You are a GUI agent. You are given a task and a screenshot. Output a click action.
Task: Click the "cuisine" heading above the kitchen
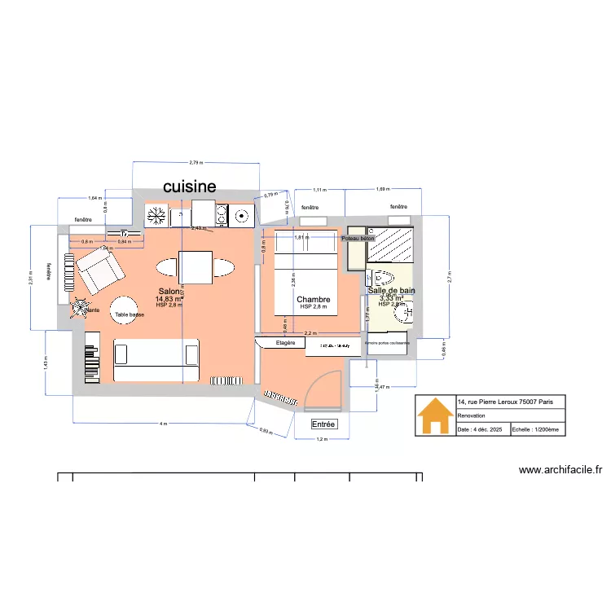click(189, 187)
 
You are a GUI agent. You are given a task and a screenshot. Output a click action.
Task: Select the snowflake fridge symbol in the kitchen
click(156, 216)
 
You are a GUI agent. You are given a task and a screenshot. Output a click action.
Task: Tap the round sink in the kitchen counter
click(240, 216)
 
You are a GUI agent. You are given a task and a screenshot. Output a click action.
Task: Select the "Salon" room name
click(169, 292)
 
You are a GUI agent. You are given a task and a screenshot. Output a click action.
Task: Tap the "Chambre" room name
click(313, 300)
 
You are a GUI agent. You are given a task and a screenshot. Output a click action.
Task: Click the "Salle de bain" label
click(391, 290)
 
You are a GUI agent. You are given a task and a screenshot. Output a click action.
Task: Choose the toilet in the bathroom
click(381, 276)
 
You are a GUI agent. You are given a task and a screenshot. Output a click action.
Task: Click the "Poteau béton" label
click(358, 238)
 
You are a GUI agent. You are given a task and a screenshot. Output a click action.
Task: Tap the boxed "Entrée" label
click(323, 424)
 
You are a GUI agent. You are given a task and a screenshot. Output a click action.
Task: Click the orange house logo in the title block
click(435, 417)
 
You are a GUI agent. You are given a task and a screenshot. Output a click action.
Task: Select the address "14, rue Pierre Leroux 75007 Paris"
click(505, 402)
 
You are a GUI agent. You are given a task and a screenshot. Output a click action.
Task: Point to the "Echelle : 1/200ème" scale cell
click(535, 429)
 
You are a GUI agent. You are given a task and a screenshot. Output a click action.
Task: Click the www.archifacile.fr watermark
click(560, 470)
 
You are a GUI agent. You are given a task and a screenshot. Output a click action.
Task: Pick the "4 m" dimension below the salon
click(163, 424)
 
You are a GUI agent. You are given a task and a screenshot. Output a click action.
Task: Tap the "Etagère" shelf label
click(284, 344)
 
